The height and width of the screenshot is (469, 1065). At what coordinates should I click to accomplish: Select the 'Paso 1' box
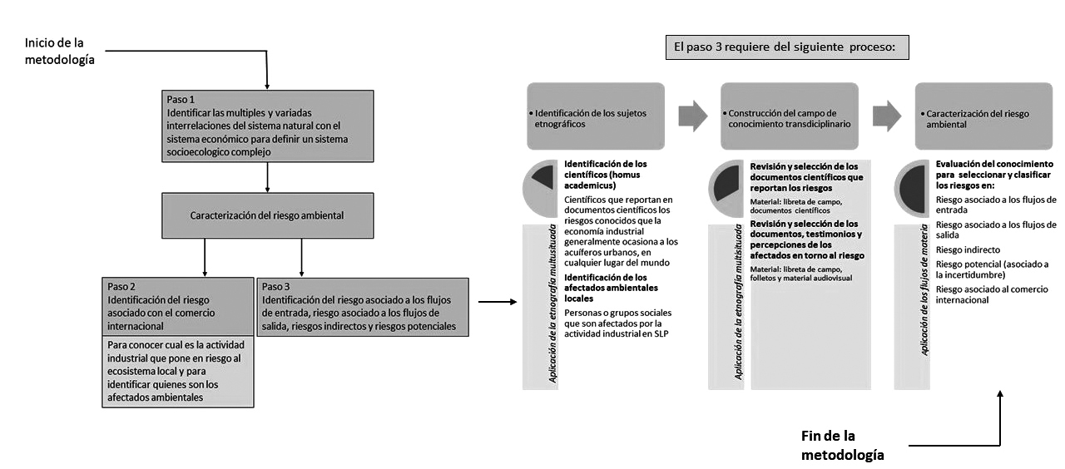click(266, 126)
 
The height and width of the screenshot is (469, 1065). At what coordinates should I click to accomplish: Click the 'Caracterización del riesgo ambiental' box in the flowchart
click(266, 215)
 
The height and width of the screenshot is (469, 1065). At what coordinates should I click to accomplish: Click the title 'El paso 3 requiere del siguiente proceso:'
click(786, 47)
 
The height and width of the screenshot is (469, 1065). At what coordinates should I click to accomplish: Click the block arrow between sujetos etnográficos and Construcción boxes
click(692, 116)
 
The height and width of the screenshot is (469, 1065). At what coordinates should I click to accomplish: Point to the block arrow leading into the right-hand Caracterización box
click(887, 116)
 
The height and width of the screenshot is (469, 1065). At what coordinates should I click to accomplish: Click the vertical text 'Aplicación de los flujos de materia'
click(924, 305)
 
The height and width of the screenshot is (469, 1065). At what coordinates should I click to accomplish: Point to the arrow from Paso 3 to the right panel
click(497, 303)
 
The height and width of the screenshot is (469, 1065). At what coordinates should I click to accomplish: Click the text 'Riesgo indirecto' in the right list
click(968, 249)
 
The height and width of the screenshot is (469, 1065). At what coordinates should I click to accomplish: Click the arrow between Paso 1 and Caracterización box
click(266, 176)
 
